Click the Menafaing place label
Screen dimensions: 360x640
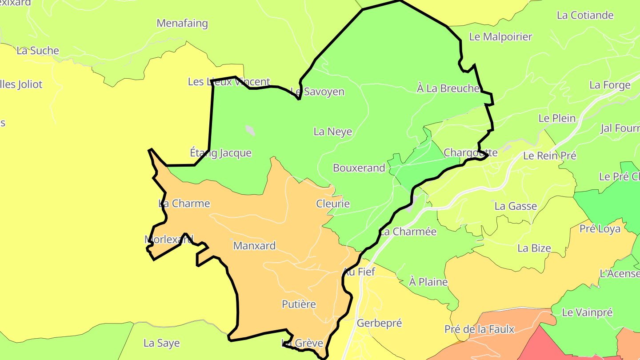[182, 23]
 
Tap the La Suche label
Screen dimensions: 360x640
[38, 51]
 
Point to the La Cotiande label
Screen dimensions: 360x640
[585, 15]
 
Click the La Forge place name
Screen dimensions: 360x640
[610, 85]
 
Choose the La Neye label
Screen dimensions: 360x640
[333, 132]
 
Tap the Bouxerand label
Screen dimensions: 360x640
[359, 168]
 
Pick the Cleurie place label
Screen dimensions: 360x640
[333, 204]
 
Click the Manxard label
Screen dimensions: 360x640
[254, 246]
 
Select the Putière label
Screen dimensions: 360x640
[299, 304]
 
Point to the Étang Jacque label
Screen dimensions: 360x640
[220, 153]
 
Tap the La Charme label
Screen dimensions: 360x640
[184, 204]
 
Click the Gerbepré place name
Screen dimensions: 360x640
[379, 323]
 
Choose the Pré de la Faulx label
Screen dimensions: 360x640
[479, 329]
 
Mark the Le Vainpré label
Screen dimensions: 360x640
[587, 312]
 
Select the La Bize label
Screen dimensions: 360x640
[534, 248]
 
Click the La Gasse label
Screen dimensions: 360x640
[516, 206]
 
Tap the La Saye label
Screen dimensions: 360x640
[161, 343]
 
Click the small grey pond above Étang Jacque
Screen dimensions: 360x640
[250, 130]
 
